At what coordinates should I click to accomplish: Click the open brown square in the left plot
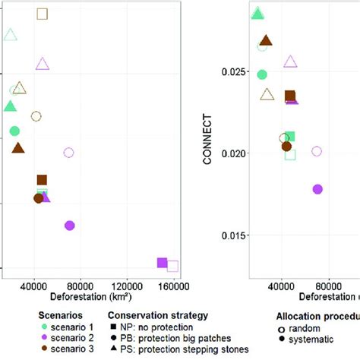[x=43, y=14]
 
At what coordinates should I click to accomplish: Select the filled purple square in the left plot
[x=162, y=263]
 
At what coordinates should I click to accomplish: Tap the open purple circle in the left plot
[x=68, y=153]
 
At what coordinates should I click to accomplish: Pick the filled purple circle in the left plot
[x=70, y=226]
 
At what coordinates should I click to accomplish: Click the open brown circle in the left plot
[x=36, y=116]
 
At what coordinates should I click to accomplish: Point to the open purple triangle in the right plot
[x=291, y=62]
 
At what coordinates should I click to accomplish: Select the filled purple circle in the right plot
[x=317, y=189]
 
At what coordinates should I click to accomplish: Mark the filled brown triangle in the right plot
[x=266, y=41]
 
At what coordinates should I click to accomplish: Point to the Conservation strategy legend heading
[x=157, y=314]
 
